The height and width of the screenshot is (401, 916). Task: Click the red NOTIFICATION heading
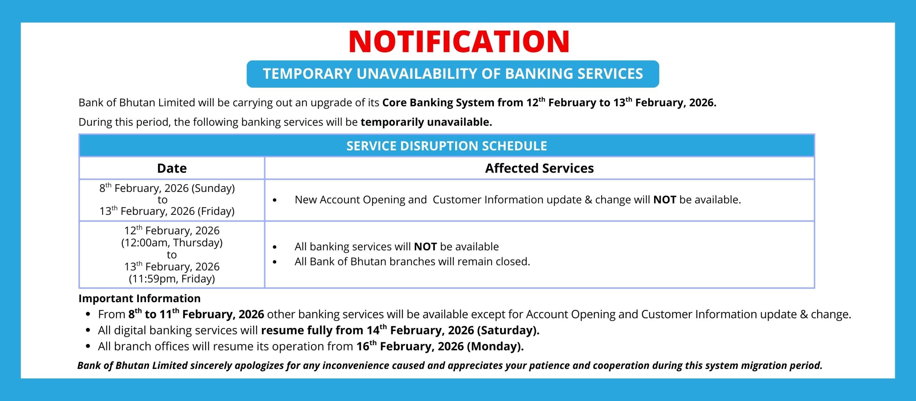coord(459,41)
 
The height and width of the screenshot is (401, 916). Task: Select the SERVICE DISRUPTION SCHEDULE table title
coord(447,146)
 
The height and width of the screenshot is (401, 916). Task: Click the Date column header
coord(172,168)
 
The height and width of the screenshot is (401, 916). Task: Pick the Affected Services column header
coord(539,168)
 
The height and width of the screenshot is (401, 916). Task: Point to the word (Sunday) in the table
coord(213,188)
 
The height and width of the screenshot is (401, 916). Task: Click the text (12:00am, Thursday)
coord(172,243)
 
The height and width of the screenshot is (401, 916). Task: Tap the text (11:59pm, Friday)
coord(172,279)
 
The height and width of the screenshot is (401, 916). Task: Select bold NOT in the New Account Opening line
coord(664,199)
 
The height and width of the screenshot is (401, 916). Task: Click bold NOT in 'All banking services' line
coord(425,247)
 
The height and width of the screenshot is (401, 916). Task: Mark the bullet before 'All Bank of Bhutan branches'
coord(274,262)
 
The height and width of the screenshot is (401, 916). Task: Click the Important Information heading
coord(140,298)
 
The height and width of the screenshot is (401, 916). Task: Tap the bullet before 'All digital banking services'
coord(88,330)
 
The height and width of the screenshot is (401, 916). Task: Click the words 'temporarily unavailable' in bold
coord(426,122)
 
